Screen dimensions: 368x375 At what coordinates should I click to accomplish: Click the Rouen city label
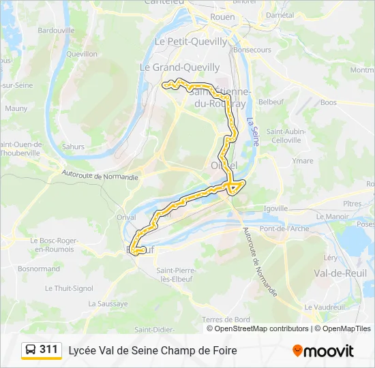click(223, 17)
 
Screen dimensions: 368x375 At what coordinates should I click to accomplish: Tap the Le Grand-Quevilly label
click(179, 67)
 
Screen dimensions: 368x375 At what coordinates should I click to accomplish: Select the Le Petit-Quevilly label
click(191, 42)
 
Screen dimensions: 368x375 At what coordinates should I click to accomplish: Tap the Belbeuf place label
click(271, 102)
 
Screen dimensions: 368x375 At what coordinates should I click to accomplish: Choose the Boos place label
click(328, 103)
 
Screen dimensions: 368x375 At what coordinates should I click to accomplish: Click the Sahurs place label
click(73, 147)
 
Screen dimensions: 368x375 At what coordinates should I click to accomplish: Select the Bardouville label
click(56, 31)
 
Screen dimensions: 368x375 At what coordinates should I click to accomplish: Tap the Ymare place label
click(303, 161)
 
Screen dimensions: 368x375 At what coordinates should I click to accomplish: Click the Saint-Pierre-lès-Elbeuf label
click(177, 275)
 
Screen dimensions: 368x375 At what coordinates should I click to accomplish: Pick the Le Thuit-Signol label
click(69, 288)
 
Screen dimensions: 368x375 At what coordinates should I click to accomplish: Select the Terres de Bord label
click(226, 320)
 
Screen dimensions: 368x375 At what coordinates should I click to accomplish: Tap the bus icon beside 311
click(31, 350)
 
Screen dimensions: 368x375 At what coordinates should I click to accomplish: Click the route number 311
click(48, 350)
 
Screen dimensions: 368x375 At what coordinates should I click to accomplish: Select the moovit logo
click(323, 351)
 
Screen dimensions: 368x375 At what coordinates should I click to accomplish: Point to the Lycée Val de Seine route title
click(153, 350)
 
